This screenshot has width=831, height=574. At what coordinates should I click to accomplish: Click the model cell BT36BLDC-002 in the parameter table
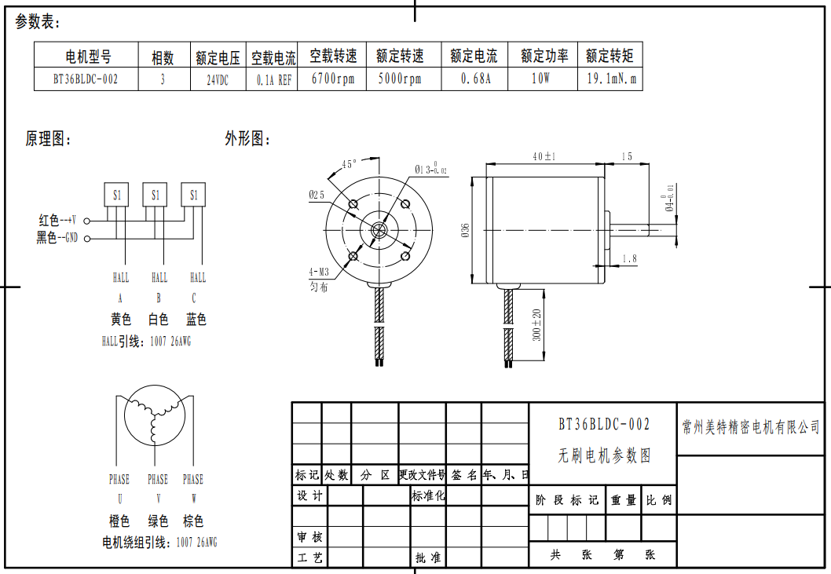(x=86, y=79)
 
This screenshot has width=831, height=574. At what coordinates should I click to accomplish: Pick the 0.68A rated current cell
(x=474, y=79)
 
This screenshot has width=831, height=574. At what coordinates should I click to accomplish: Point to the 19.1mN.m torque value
(x=610, y=79)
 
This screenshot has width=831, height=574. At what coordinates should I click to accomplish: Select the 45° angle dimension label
(x=350, y=164)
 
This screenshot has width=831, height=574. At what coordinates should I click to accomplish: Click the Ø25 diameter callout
(x=317, y=194)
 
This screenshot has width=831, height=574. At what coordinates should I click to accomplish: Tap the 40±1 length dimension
(x=544, y=157)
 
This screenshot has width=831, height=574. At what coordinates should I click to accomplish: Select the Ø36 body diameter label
(x=465, y=230)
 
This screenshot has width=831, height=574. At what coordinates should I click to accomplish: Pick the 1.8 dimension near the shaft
(x=629, y=258)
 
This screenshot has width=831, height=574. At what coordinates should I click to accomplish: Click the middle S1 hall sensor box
(x=155, y=195)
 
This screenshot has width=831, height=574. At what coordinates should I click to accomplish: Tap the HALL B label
(x=159, y=287)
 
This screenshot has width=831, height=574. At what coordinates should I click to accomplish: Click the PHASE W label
(x=193, y=488)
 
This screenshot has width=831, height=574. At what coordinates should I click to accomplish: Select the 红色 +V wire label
(x=56, y=221)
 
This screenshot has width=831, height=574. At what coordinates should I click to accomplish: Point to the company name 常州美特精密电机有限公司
(x=751, y=427)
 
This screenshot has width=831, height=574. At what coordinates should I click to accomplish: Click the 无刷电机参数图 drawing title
(x=604, y=455)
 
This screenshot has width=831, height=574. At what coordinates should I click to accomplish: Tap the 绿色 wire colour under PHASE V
(x=158, y=521)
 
